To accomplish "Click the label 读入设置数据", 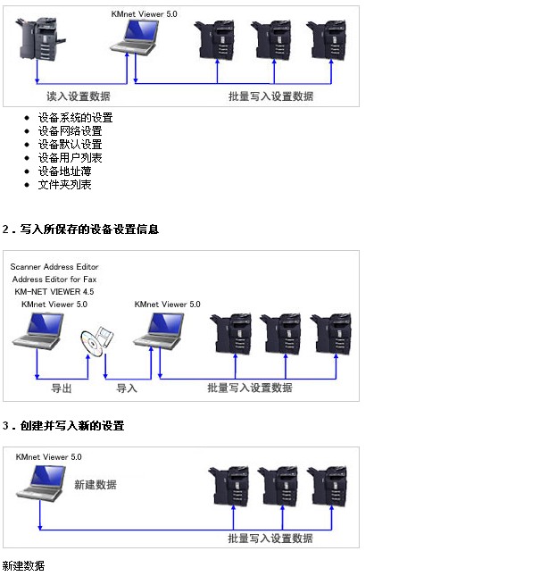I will [79, 96].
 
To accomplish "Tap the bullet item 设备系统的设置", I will [75, 118].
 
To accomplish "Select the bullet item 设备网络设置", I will [70, 131].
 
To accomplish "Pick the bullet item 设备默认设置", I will [70, 145].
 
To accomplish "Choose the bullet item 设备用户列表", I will [70, 158].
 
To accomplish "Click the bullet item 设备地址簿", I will [64, 171].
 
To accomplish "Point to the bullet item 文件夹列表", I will [64, 185].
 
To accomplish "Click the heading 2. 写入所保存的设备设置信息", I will [80, 230].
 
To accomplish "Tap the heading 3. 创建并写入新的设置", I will [62, 426].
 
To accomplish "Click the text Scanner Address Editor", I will [54, 267].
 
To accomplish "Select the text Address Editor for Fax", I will [54, 280].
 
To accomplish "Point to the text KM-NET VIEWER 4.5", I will [54, 292].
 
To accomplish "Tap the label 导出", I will [61, 388].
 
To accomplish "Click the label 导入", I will [127, 388].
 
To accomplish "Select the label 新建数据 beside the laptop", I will [95, 485].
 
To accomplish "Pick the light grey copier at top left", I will [37, 38].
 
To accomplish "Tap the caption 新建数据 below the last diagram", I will [23, 566].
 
